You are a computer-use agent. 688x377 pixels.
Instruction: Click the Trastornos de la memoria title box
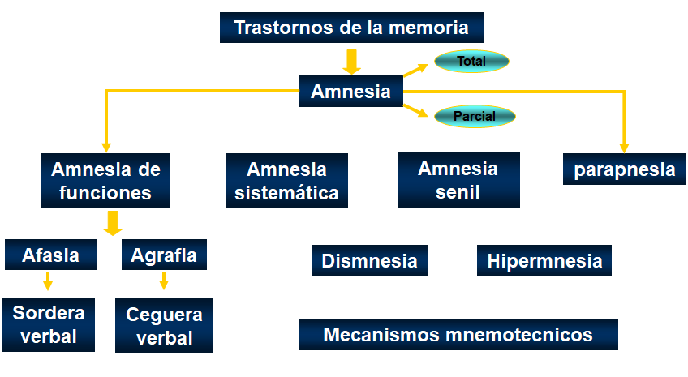click(x=351, y=28)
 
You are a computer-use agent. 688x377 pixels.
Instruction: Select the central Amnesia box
click(x=350, y=92)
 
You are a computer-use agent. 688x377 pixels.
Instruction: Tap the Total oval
click(x=471, y=61)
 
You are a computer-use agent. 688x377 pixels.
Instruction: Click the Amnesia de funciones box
click(x=105, y=181)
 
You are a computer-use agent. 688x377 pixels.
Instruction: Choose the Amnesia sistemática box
click(x=286, y=181)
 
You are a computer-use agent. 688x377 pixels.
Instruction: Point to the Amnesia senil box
click(x=458, y=180)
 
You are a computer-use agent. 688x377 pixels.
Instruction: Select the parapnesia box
click(x=624, y=169)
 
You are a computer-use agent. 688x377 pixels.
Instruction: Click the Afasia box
click(x=51, y=255)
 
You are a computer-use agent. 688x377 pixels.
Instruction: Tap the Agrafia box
click(x=164, y=255)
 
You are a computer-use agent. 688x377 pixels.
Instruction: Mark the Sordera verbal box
click(x=49, y=324)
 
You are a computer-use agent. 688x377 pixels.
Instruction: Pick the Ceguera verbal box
click(x=164, y=326)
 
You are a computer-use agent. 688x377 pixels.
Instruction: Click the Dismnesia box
click(x=369, y=261)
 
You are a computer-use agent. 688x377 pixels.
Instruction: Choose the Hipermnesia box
click(x=544, y=261)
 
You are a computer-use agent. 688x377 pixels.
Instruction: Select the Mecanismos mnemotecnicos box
click(x=458, y=334)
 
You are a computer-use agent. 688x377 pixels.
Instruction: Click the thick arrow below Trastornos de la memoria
click(x=351, y=61)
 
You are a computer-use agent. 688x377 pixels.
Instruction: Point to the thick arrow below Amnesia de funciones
click(x=113, y=222)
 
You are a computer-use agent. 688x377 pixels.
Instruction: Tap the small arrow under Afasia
click(x=48, y=281)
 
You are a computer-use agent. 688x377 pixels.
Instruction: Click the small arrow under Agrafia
click(x=164, y=281)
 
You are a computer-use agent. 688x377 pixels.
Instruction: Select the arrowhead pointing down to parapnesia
click(x=624, y=147)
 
